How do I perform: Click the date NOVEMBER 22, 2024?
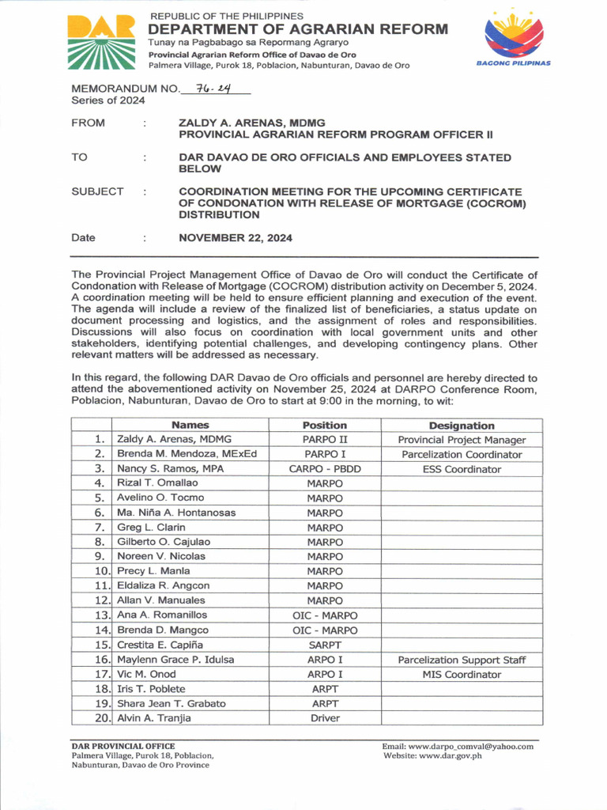pos(236,237)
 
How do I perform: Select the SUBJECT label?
pos(97,191)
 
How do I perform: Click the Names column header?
pos(190,425)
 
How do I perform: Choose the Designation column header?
pos(462,425)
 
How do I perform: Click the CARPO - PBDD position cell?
pos(325,469)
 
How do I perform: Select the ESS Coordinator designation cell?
pos(462,469)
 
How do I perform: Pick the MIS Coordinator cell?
pos(462,675)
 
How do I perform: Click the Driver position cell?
pos(325,718)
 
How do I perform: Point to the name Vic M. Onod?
pos(146,675)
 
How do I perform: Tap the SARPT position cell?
pos(325,645)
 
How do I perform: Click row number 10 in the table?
pos(102,571)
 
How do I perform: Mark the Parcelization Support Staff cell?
pos(462,660)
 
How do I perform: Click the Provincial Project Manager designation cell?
pos(462,440)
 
